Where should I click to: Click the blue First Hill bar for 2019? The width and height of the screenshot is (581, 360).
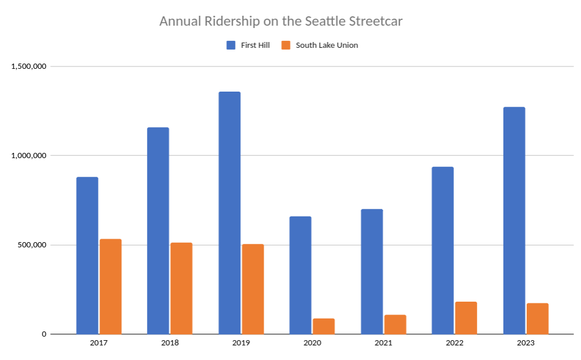point(229,213)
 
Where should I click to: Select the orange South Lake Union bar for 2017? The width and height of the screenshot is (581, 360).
point(110,286)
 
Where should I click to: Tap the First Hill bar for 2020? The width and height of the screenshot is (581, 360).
point(300,275)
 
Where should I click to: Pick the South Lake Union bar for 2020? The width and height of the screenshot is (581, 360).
point(324,326)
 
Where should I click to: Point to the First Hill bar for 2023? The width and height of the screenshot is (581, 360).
point(514,221)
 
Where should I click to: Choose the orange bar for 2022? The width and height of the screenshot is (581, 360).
point(466,318)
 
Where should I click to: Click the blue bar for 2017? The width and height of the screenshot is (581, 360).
point(87,256)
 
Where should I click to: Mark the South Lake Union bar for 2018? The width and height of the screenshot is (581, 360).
point(181,288)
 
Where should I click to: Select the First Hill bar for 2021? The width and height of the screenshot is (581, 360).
point(372,271)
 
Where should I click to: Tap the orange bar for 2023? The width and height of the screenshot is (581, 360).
point(537,319)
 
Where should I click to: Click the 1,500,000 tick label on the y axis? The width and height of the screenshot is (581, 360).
point(29,67)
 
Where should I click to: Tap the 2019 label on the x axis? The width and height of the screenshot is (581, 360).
point(241,343)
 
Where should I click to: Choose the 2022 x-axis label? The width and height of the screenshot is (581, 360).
point(454,343)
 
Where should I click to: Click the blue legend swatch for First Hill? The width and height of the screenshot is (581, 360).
point(230,45)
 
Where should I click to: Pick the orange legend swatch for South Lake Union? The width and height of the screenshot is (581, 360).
point(286,45)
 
